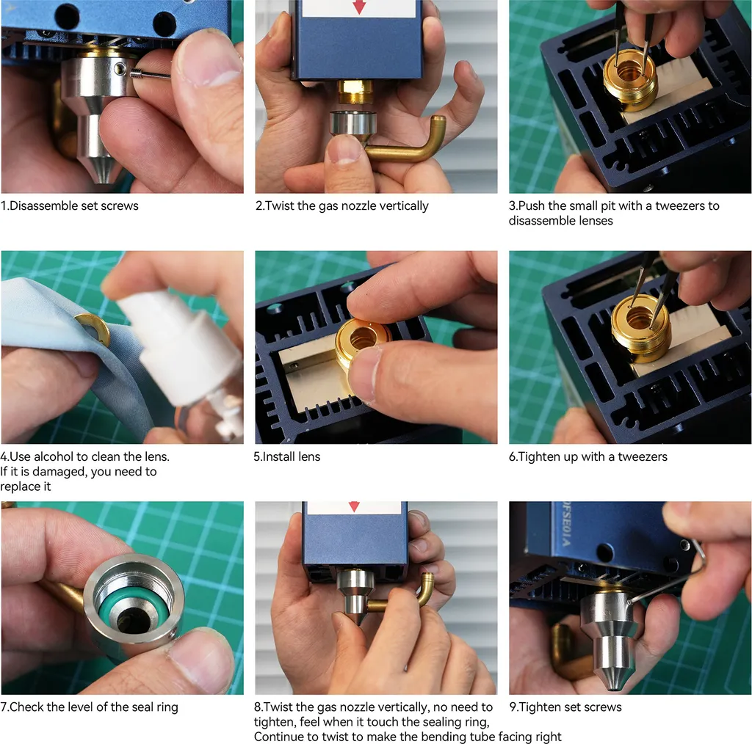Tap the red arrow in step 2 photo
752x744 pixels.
pos(359,6)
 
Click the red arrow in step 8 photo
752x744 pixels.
pos(354,506)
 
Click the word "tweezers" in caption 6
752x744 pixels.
pos(642,456)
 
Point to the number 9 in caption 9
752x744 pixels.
pos(513,707)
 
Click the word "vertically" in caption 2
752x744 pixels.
pos(404,206)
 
